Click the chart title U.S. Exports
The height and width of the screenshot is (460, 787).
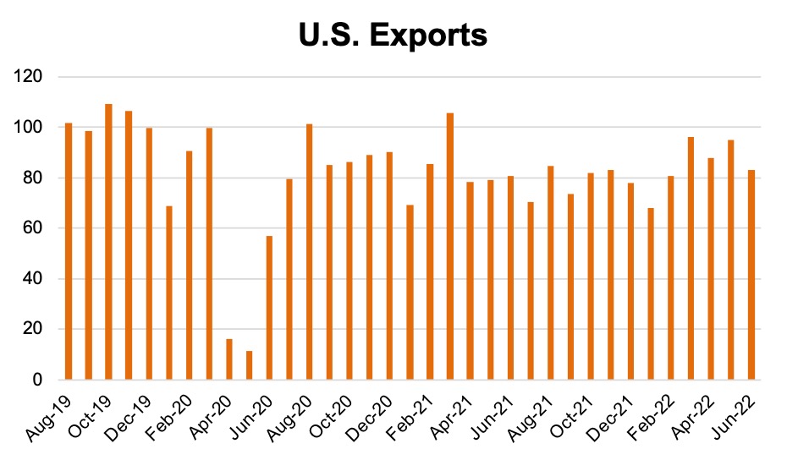(x=393, y=36)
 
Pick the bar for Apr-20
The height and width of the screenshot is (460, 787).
(x=229, y=359)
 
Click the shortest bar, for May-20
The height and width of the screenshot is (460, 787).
(x=250, y=365)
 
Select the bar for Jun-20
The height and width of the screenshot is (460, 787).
(x=269, y=308)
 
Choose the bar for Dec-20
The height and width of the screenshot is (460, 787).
(x=389, y=266)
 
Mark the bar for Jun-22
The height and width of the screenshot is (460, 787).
(x=751, y=275)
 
